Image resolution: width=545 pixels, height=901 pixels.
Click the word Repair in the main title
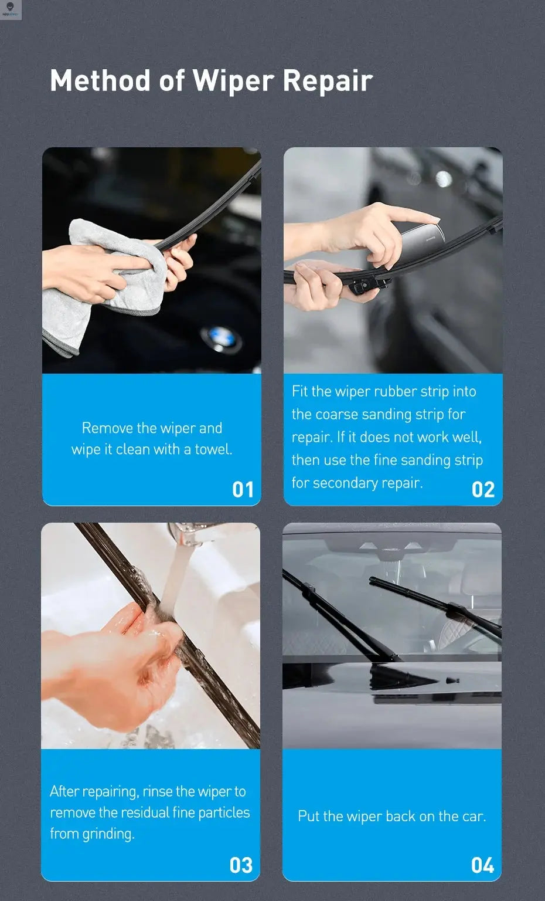[x=328, y=81]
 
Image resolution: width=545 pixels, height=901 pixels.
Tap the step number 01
[x=243, y=489]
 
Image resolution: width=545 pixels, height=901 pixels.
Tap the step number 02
[x=483, y=489]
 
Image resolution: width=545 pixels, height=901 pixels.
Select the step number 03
[x=241, y=865]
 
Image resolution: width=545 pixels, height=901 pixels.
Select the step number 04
[x=482, y=865]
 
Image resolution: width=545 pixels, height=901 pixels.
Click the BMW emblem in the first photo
[x=220, y=340]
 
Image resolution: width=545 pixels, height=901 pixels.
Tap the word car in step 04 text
[x=474, y=816]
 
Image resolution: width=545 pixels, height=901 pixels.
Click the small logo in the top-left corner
[x=11, y=9]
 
